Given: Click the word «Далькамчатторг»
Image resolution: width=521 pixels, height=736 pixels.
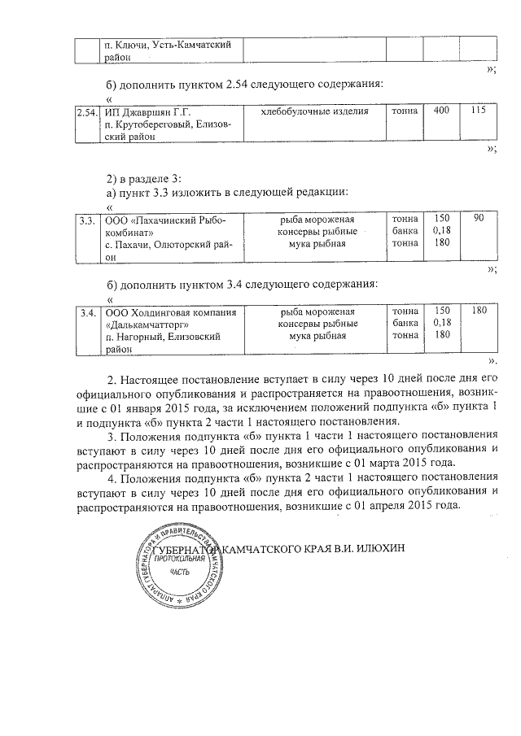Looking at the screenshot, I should click(x=154, y=324).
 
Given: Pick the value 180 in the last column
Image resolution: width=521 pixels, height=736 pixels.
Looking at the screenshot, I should click(x=478, y=311).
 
